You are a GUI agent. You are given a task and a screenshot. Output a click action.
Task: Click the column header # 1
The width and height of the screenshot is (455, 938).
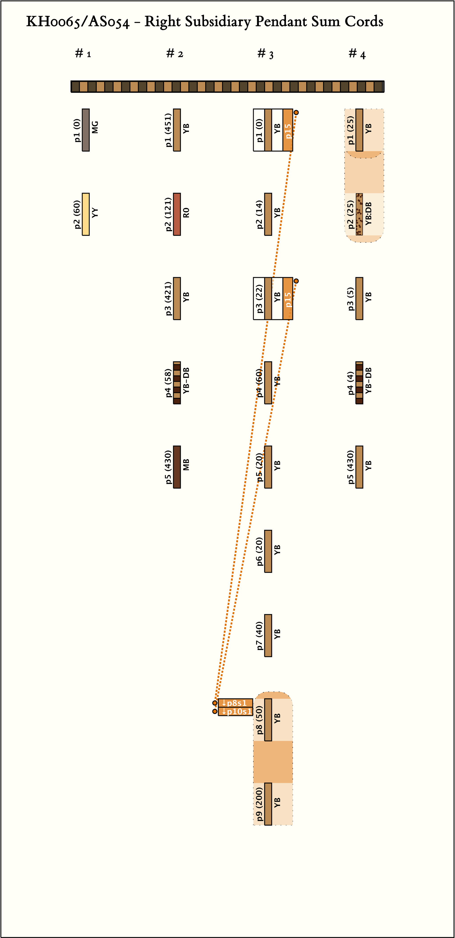pyautogui.click(x=83, y=54)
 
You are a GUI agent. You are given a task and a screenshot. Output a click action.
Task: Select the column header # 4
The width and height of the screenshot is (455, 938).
pyautogui.click(x=357, y=54)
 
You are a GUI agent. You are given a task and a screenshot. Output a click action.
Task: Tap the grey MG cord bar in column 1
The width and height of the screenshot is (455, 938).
pyautogui.click(x=86, y=130)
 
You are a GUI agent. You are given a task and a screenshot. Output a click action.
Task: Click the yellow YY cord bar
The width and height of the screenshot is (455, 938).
pyautogui.click(x=86, y=214)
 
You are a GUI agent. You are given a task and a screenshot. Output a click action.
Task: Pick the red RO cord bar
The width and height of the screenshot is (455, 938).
pyautogui.click(x=177, y=214)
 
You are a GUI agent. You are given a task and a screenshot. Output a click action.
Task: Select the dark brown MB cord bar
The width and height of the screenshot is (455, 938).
pyautogui.click(x=177, y=467)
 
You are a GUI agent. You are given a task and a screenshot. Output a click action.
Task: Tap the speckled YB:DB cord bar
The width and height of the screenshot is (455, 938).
pyautogui.click(x=359, y=214)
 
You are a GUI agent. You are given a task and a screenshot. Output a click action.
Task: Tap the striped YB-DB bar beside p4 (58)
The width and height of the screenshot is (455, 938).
pyautogui.click(x=177, y=383)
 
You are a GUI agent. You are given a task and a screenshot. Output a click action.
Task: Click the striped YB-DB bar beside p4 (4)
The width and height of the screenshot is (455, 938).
pyautogui.click(x=359, y=383)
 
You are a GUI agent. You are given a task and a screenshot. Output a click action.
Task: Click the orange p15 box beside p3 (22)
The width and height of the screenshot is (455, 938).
pyautogui.click(x=287, y=299)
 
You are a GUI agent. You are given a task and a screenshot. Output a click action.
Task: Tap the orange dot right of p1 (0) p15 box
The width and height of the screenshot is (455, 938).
pyautogui.click(x=296, y=112)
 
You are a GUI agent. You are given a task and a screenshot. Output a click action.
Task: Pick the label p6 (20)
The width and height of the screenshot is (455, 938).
pyautogui.click(x=259, y=551)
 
